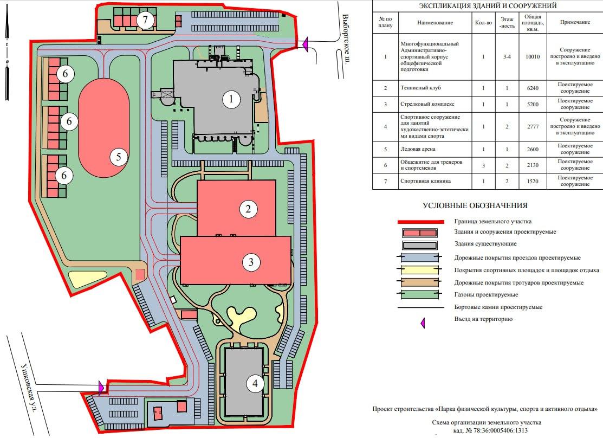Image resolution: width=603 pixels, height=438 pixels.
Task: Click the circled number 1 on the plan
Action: (231, 99)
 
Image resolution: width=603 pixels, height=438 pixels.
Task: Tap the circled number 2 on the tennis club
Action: (248, 209)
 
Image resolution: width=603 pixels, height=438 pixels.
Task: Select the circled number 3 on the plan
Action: (251, 262)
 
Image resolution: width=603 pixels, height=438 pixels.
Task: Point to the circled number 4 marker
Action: (255, 383)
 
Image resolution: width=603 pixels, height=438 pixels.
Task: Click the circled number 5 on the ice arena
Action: (119, 157)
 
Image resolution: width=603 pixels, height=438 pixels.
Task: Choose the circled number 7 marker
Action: (145, 20)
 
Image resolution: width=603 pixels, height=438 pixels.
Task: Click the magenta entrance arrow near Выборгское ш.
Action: (306, 44)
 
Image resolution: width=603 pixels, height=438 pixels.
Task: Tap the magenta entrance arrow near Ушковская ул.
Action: (101, 387)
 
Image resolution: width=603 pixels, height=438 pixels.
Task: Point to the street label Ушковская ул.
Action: (29, 388)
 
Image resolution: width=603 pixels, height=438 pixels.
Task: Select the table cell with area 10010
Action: (533, 56)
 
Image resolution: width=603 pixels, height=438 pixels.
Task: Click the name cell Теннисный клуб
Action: (435, 88)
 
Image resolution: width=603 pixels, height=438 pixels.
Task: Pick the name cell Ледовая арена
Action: (435, 149)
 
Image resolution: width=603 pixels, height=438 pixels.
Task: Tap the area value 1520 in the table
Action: (533, 181)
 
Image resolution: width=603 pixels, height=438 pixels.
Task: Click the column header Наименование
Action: (435, 23)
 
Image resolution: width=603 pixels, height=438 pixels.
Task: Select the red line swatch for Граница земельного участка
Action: (421, 222)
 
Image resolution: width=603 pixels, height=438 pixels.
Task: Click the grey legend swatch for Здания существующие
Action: (419, 245)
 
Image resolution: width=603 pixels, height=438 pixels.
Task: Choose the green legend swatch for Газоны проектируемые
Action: (419, 295)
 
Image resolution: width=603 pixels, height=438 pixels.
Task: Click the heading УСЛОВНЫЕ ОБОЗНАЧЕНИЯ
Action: (475, 205)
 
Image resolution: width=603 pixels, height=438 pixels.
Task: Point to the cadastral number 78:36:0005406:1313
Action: (496, 431)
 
